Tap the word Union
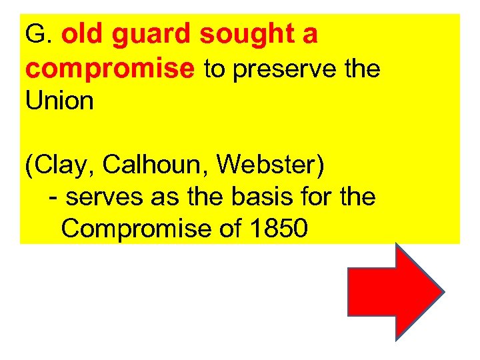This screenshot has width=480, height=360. pos(59,101)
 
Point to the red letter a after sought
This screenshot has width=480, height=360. pos(309,35)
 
